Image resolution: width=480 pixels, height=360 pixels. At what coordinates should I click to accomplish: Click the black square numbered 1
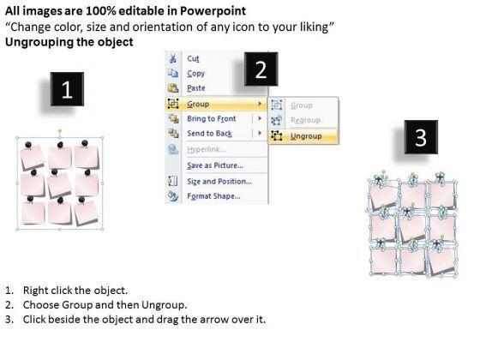click(67, 89)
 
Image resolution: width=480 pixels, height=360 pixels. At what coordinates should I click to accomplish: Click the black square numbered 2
click(261, 69)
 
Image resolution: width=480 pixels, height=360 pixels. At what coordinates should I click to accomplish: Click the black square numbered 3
click(421, 137)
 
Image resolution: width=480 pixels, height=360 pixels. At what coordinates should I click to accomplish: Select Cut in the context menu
click(193, 58)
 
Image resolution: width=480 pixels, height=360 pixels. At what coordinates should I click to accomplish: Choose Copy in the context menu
click(196, 74)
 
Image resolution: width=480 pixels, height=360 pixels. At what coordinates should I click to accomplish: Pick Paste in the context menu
click(196, 88)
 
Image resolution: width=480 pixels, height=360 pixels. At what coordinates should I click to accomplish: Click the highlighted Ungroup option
click(306, 136)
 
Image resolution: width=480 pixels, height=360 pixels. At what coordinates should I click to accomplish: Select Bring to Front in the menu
click(212, 118)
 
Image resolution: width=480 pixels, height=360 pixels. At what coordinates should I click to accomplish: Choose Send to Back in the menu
click(209, 134)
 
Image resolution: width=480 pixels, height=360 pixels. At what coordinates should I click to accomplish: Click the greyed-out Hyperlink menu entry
click(207, 149)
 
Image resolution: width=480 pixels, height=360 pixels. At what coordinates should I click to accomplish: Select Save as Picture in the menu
click(215, 165)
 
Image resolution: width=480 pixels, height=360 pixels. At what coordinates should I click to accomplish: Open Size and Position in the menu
click(219, 181)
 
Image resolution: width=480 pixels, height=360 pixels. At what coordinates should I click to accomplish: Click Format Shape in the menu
click(213, 196)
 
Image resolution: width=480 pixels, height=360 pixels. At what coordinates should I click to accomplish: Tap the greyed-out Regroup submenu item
click(305, 120)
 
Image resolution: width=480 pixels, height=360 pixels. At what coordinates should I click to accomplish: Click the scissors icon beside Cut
click(173, 58)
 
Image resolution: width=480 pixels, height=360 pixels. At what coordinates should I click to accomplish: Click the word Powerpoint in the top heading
click(213, 11)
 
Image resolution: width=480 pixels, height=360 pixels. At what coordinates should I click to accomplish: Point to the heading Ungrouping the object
click(69, 42)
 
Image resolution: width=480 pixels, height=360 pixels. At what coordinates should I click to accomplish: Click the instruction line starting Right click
click(66, 291)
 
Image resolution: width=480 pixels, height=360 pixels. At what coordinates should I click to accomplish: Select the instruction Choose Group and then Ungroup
click(96, 305)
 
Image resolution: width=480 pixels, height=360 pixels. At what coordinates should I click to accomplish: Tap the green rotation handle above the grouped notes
click(60, 131)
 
